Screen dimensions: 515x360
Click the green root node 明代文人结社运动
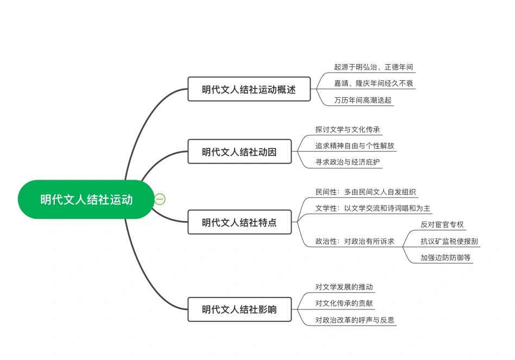(x=86, y=199)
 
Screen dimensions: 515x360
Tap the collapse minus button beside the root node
(x=160, y=199)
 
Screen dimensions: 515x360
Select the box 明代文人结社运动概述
(x=249, y=89)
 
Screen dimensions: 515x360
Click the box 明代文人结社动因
(x=240, y=151)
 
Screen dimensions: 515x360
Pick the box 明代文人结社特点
(x=240, y=222)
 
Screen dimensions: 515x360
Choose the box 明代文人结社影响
(x=240, y=309)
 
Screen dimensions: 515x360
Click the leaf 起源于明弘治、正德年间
(x=373, y=67)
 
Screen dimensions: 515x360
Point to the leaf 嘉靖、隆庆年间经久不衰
(x=373, y=84)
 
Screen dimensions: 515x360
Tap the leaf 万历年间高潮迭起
(x=362, y=100)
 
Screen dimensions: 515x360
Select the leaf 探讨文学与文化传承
(x=348, y=129)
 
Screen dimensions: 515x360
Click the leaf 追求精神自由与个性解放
(x=355, y=146)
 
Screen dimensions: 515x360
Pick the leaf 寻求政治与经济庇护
(x=348, y=162)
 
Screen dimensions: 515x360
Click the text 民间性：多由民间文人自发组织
(x=366, y=192)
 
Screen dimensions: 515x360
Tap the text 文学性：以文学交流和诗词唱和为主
(x=373, y=209)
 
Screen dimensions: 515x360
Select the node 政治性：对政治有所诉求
(x=355, y=241)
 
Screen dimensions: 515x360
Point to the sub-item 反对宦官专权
(x=442, y=224)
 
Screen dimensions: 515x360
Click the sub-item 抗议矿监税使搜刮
(x=449, y=241)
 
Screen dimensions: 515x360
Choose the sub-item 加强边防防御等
(x=445, y=257)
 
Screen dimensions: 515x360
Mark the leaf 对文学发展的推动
(x=344, y=287)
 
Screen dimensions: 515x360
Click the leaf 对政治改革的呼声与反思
(x=355, y=320)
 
